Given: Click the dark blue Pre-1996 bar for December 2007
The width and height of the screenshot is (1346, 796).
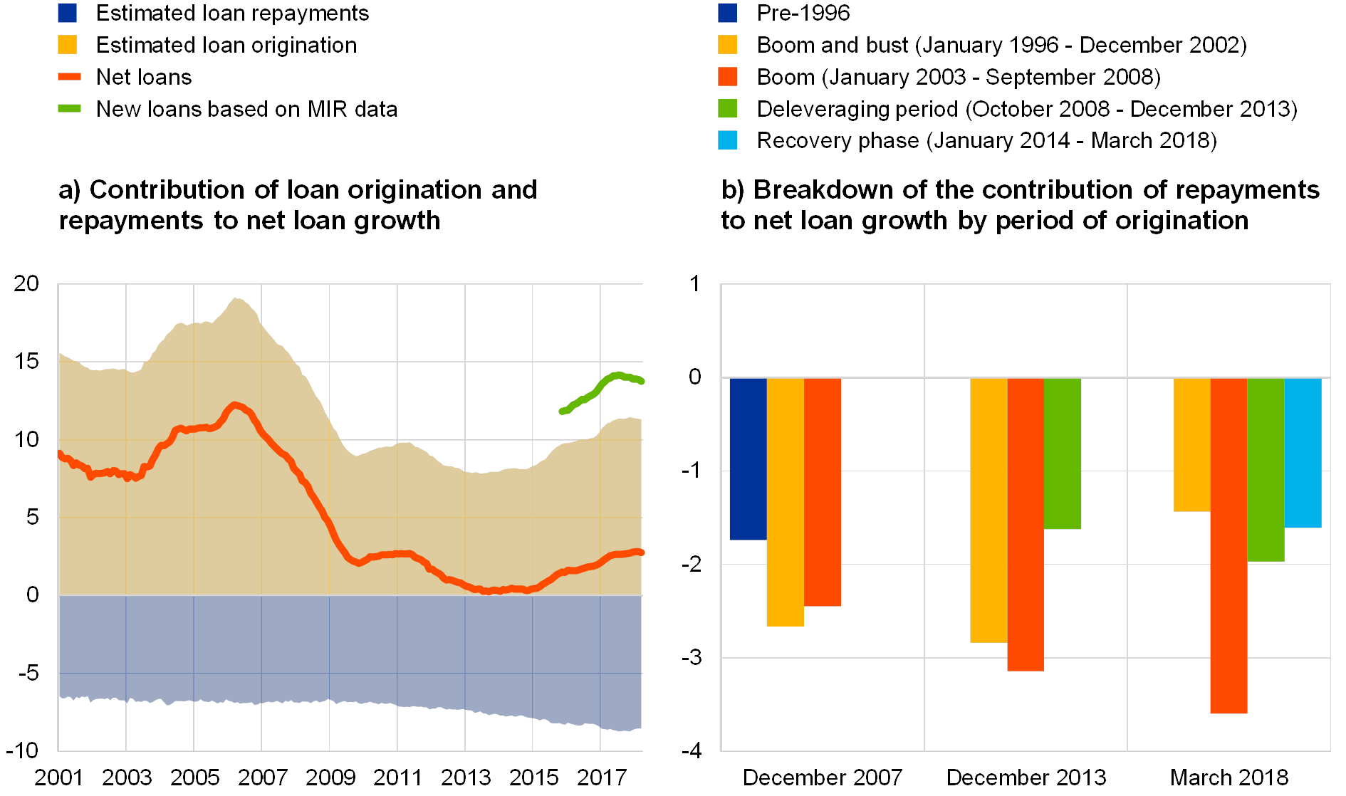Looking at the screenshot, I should (748, 459).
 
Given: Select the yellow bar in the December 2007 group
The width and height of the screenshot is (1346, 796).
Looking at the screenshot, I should (785, 502).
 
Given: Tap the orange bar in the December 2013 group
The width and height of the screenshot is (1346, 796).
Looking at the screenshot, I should (1026, 524).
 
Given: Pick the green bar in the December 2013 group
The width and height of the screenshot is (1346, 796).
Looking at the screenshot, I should (1063, 454).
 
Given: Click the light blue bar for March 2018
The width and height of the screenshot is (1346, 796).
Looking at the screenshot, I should (1303, 453).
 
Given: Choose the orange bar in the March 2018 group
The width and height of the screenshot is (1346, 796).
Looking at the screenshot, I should (1228, 545).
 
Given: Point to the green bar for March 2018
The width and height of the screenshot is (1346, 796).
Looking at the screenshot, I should (1266, 470).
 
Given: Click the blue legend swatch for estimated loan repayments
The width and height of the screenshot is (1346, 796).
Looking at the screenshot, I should (68, 13).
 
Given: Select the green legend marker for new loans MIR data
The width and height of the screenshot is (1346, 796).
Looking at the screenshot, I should (69, 109).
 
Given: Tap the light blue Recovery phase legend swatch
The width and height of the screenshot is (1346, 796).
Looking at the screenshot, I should (727, 140).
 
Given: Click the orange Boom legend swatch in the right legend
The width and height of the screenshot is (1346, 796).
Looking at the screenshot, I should (727, 77).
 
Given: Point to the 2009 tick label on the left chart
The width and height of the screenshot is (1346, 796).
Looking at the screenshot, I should (330, 777).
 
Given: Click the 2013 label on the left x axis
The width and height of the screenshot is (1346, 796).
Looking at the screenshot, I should (466, 777).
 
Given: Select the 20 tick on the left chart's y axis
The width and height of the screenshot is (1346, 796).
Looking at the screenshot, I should (27, 283).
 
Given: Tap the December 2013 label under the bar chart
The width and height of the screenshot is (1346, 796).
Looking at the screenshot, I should (1028, 777).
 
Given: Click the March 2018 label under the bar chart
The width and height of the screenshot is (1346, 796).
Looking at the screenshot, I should (1230, 777).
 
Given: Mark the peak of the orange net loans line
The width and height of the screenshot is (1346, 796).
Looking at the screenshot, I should (235, 404).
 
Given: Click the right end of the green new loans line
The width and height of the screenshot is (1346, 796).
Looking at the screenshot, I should (642, 382).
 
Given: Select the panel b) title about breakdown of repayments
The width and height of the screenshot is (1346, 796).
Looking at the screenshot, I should (1020, 206).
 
